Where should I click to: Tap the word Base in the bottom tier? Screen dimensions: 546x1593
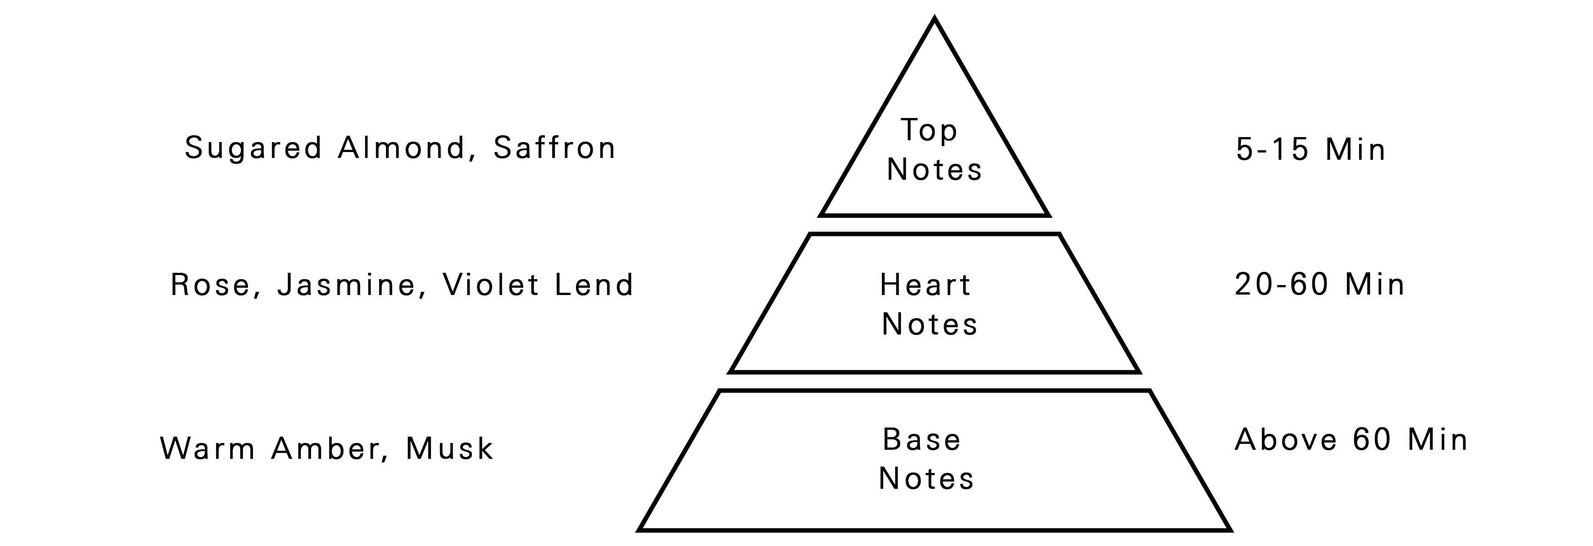pyautogui.click(x=921, y=440)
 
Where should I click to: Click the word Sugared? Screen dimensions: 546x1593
pyautogui.click(x=253, y=148)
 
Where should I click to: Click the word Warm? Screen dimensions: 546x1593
pyautogui.click(x=208, y=448)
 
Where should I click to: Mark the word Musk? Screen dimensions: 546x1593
pyautogui.click(x=450, y=448)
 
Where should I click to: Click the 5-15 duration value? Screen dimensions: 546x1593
pyautogui.click(x=1273, y=150)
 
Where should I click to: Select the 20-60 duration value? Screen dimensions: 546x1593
pyautogui.click(x=1282, y=285)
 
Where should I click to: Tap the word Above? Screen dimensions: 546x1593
pyautogui.click(x=1286, y=440)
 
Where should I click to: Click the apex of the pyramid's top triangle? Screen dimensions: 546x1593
pyautogui.click(x=935, y=20)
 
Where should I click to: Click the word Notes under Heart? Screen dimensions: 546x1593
pyautogui.click(x=930, y=325)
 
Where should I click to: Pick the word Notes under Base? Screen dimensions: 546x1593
pyautogui.click(x=926, y=478)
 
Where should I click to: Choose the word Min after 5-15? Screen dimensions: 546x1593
pyautogui.click(x=1355, y=150)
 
